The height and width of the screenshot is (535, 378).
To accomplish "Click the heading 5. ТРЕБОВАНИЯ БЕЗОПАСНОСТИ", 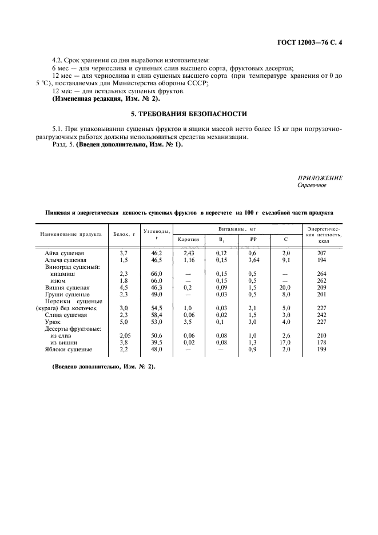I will [188, 114].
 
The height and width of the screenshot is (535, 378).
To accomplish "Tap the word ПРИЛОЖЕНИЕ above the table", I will [320, 179].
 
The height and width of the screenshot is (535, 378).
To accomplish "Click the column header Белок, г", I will [124, 234].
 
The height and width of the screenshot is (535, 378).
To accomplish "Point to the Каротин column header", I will [189, 240].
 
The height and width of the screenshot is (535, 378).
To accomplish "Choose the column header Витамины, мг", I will [236, 228].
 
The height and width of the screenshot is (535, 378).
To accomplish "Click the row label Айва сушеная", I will [65, 252].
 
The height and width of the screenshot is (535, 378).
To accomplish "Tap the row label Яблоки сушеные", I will [67, 349].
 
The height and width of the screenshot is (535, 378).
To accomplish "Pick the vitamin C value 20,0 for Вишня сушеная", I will [286, 287].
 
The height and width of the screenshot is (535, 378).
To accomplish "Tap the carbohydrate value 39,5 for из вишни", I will [156, 342].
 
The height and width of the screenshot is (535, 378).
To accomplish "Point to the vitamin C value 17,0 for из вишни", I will [286, 342].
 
